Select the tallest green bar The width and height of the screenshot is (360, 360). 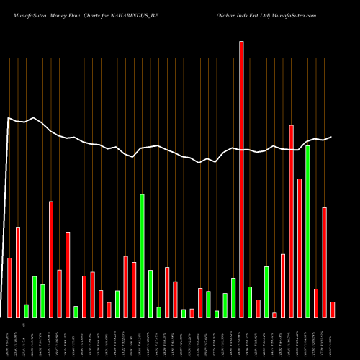[x=307, y=231]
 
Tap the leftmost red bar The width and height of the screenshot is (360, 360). [x=9, y=287]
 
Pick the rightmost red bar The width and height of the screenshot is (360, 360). [x=333, y=309]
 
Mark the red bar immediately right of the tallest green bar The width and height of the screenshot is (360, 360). [x=316, y=302]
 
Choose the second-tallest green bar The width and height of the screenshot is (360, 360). [x=142, y=256]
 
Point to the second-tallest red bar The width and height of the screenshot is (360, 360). [x=292, y=221]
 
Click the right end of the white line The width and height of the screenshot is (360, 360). [x=331, y=137]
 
